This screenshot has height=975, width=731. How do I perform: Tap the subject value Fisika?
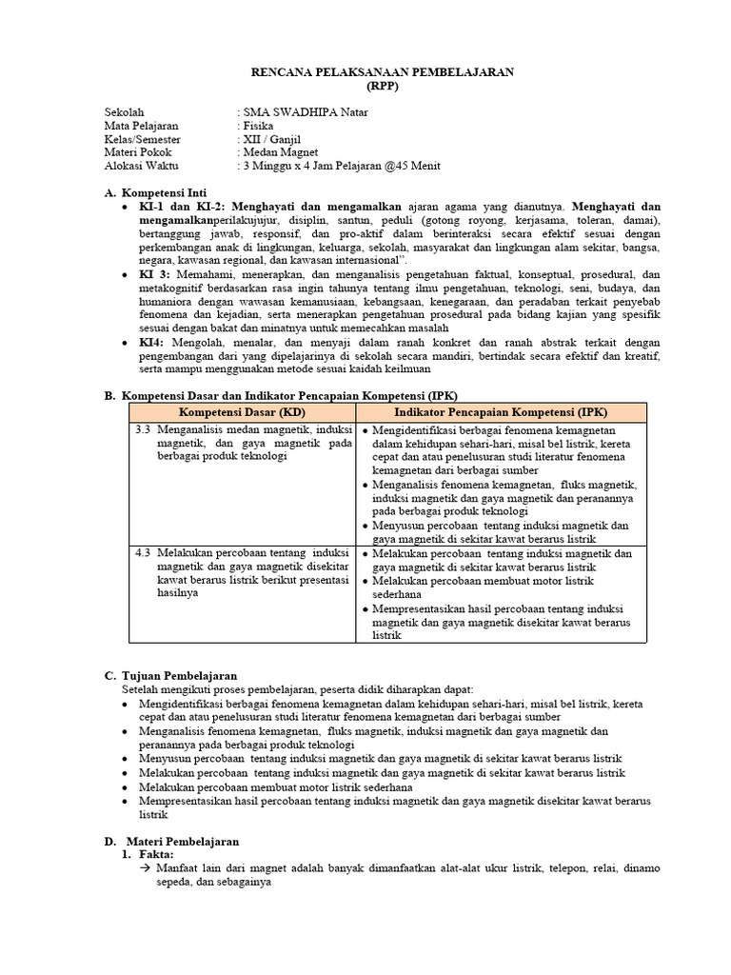pos(259,126)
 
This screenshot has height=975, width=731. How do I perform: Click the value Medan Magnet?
pos(281,152)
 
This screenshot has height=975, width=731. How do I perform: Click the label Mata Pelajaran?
pos(141,126)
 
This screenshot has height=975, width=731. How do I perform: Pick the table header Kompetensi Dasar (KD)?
pos(242,411)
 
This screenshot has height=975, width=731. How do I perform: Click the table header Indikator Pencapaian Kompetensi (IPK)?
pos(501,411)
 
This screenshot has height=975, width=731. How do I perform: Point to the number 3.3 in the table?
pos(144,429)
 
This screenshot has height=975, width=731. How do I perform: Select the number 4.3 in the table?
pos(144,552)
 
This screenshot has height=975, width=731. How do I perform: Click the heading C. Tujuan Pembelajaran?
pos(170,675)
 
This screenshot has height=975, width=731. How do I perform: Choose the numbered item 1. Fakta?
pos(150,855)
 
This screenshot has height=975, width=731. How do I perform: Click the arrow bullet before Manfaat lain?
pos(133,869)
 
